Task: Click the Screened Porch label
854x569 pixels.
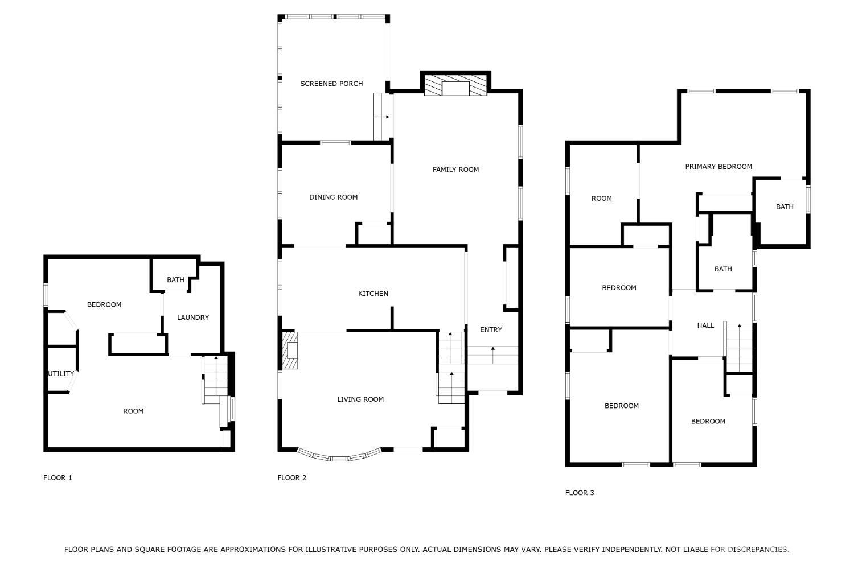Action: pos(331,84)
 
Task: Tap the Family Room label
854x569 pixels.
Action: pos(455,170)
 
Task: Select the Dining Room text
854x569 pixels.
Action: pos(333,197)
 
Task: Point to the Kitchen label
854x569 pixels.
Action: pos(373,294)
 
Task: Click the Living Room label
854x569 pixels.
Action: pos(360,399)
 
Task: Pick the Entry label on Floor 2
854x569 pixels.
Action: pos(491,330)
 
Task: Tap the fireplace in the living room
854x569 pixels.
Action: pos(290,351)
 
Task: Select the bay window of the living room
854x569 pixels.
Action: pos(339,455)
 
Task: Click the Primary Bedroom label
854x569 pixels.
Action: pos(718,167)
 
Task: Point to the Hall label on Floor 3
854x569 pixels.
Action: pos(705,325)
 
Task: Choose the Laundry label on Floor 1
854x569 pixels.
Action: pos(193,318)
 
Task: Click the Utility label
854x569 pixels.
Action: pos(60,373)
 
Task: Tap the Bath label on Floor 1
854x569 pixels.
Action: pos(175,280)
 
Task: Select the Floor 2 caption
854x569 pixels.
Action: pos(291,477)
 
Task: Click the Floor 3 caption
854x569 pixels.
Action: pos(580,493)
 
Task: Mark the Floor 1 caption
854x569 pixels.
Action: pos(58,477)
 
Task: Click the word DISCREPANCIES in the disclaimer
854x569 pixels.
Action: pos(758,550)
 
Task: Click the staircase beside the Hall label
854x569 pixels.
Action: pos(739,348)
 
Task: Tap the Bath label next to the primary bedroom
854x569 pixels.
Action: pos(784,207)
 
